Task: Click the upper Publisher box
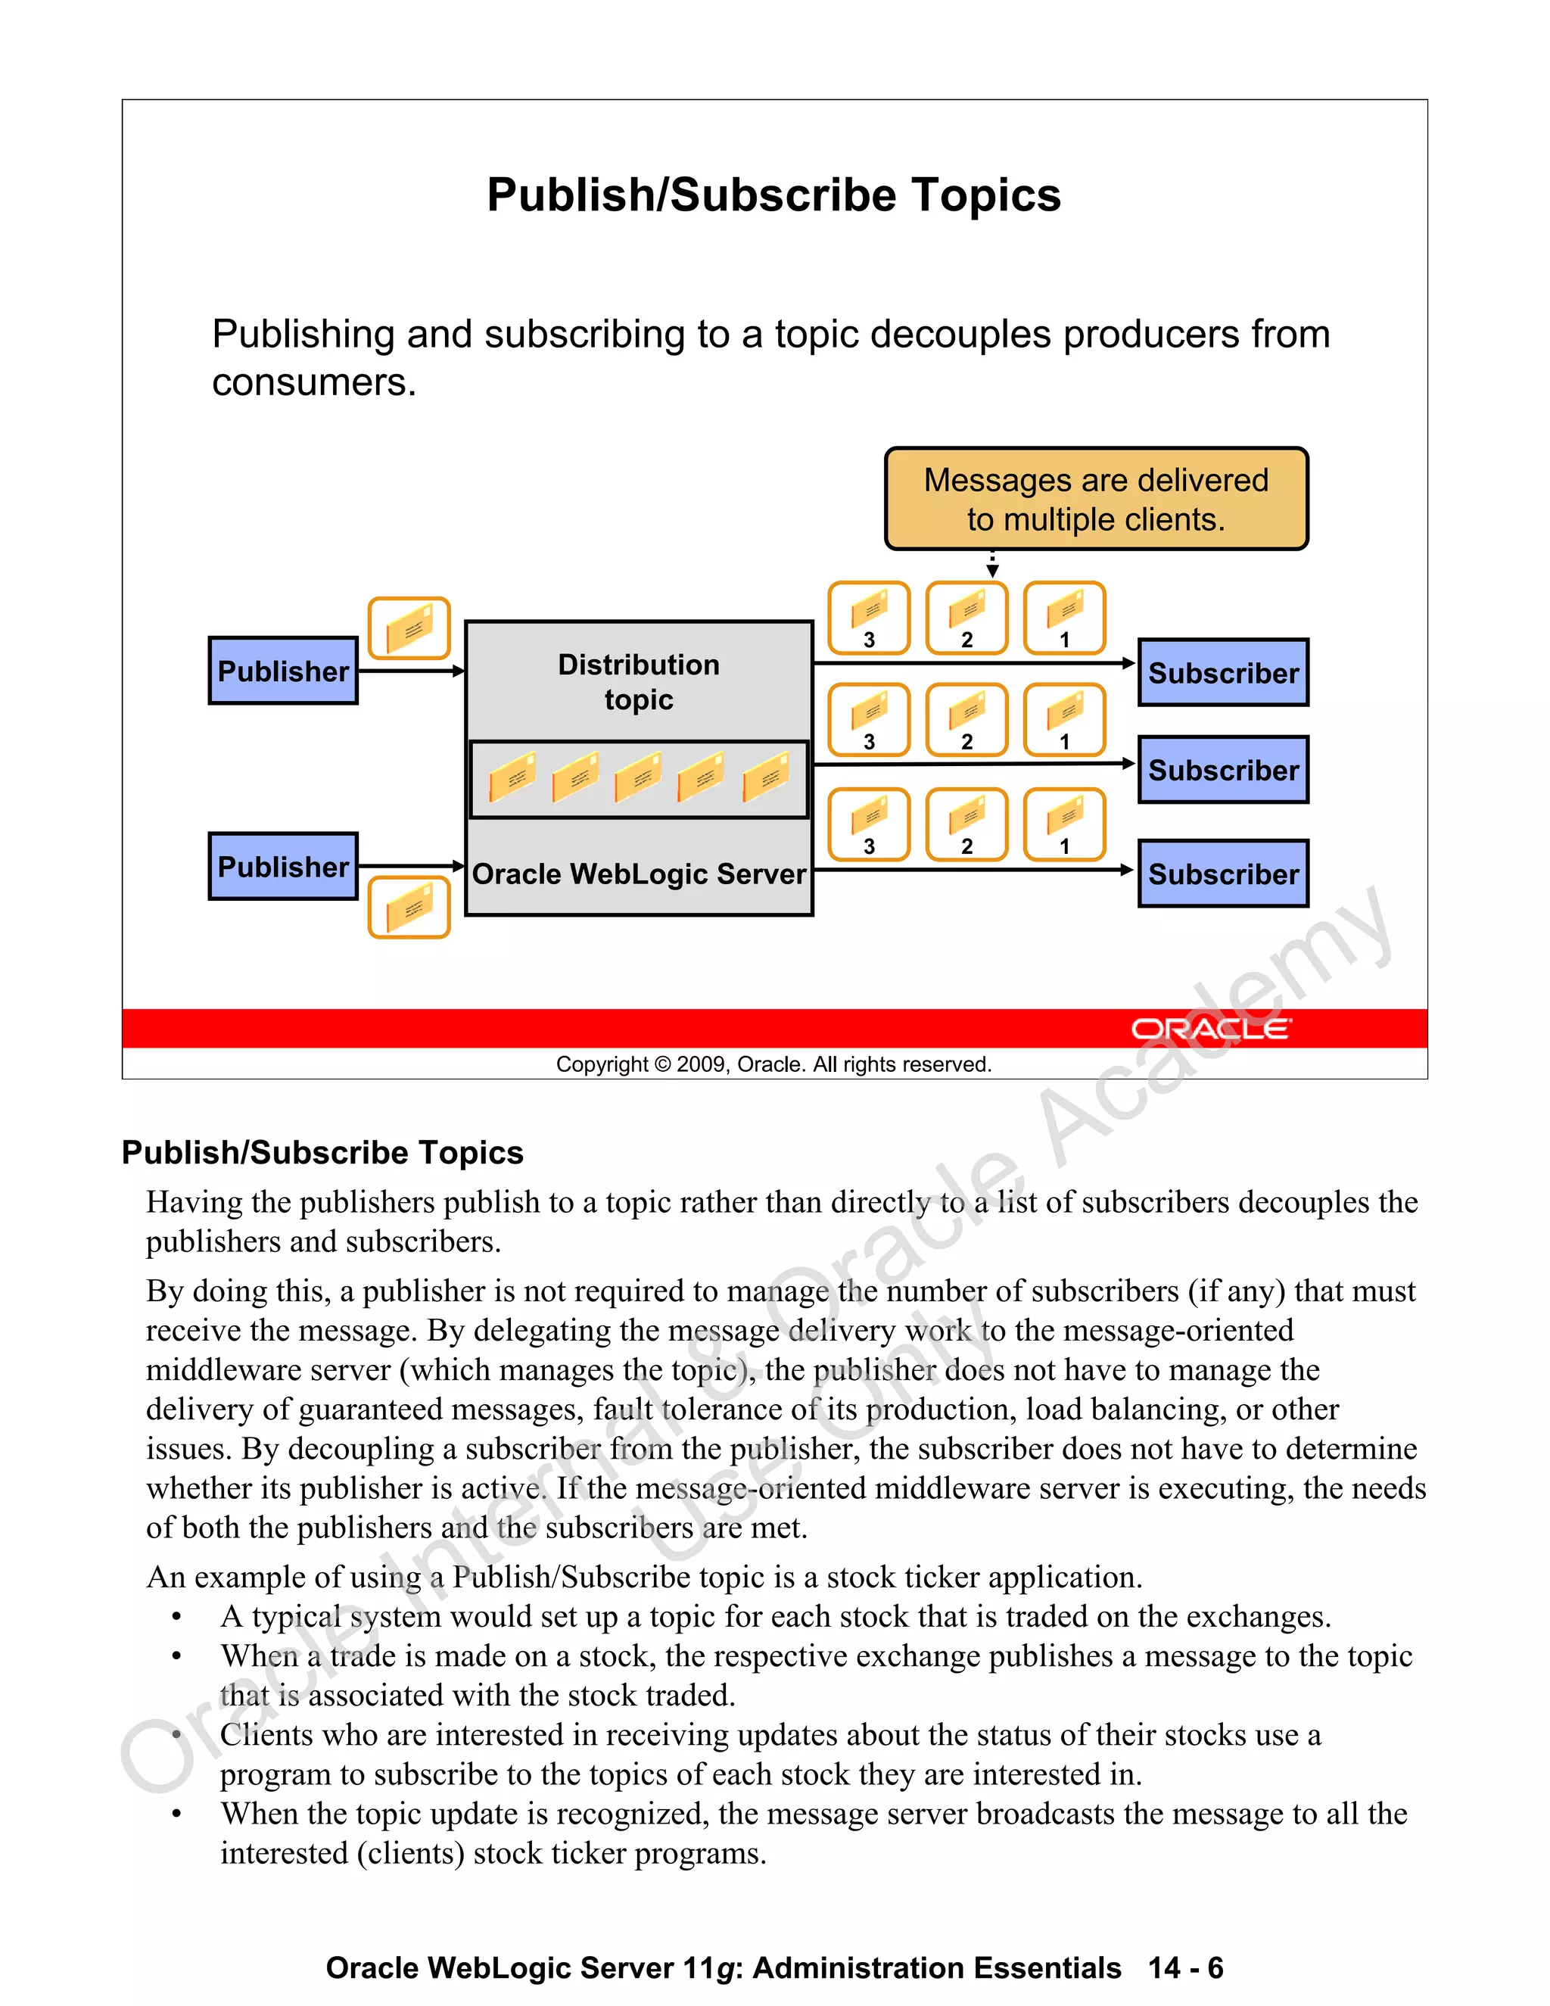coord(283,671)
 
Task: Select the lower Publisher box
coord(283,866)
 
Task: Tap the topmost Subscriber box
coord(1223,672)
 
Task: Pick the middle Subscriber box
coord(1223,770)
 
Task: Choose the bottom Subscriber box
coord(1223,874)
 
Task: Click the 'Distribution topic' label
coord(638,681)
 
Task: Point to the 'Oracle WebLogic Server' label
coord(638,874)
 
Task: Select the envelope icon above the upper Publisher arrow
coord(409,628)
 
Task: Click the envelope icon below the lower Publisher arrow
coord(409,908)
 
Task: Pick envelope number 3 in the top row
coord(869,617)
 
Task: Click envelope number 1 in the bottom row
coord(1064,824)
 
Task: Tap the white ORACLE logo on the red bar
coord(1210,1029)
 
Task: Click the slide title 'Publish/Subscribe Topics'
coord(773,195)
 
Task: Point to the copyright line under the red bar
coord(773,1064)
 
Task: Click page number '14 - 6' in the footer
coord(1184,1968)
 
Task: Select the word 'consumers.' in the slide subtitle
coord(314,382)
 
